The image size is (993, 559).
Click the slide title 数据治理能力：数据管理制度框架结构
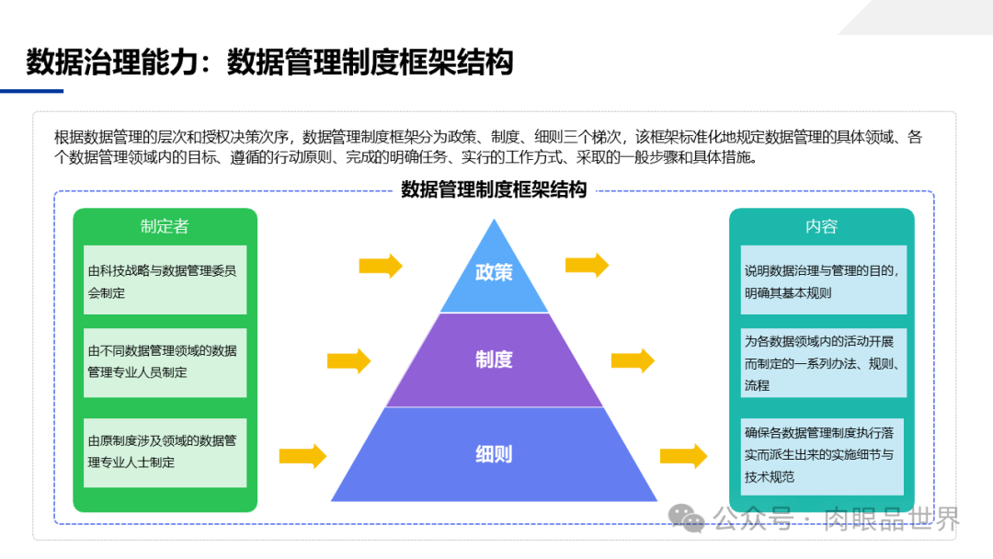[x=268, y=62]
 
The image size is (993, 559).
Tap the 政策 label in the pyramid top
[x=494, y=272]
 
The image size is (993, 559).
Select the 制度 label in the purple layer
[x=494, y=359]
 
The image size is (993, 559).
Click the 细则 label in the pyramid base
[x=494, y=453]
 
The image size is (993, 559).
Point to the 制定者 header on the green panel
[x=165, y=226]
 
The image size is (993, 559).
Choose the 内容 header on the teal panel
[x=821, y=226]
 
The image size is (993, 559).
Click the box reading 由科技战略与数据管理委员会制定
[x=165, y=280]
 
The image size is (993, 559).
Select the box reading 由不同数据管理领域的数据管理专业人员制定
[x=165, y=361]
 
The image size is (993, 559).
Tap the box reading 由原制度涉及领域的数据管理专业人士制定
[x=165, y=451]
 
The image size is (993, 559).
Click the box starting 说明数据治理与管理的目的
[x=821, y=281]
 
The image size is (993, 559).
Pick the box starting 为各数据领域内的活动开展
[x=821, y=362]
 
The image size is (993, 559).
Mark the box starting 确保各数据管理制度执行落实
[x=821, y=455]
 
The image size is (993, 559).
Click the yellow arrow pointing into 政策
[x=381, y=266]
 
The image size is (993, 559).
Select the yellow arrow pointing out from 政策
[x=587, y=266]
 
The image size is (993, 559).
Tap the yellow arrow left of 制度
[x=348, y=360]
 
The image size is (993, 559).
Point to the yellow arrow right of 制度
[x=633, y=360]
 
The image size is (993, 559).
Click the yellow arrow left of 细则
[x=302, y=455]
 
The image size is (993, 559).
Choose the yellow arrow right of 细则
[x=683, y=455]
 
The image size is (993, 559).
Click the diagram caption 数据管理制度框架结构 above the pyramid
[x=494, y=190]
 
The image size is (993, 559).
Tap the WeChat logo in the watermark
[x=688, y=519]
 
